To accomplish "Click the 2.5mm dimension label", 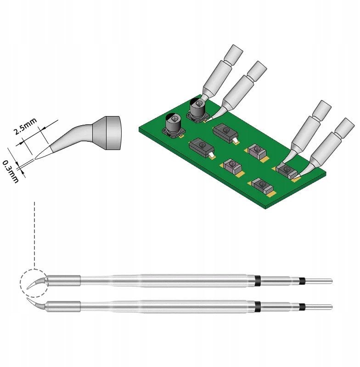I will (25, 126).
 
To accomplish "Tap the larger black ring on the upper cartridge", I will (257, 280).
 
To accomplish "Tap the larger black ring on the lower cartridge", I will (257, 306).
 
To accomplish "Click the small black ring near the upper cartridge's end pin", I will (301, 280).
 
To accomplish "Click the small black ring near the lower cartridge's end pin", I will (301, 306).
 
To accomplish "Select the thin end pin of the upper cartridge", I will (319, 280).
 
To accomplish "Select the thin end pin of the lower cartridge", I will (319, 306).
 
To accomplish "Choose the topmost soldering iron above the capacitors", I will (220, 72).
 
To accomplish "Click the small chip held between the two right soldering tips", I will (287, 170).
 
